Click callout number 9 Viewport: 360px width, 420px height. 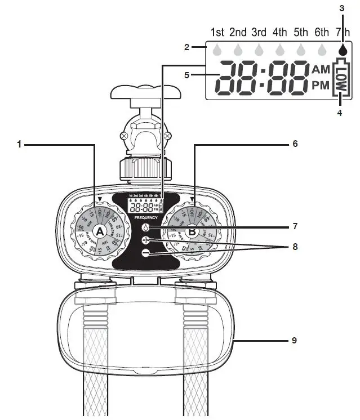(x=294, y=341)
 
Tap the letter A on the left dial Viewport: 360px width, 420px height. (x=100, y=231)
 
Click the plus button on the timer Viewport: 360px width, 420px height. (x=146, y=240)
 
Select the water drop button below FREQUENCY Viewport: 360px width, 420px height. (x=146, y=227)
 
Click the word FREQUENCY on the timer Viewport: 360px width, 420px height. (x=145, y=217)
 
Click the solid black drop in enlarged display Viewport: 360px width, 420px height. (x=341, y=50)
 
